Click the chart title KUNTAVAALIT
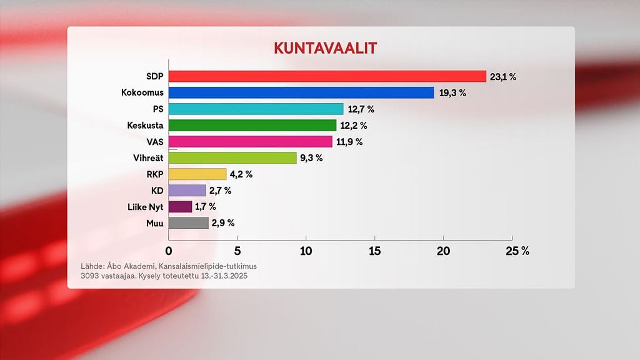pyautogui.click(x=324, y=48)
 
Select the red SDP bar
pyautogui.click(x=327, y=76)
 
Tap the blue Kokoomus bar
pyautogui.click(x=301, y=92)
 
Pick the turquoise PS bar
pyautogui.click(x=256, y=109)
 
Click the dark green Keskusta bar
pyautogui.click(x=252, y=125)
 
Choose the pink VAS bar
pyautogui.click(x=251, y=141)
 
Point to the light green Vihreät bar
pyautogui.click(x=232, y=157)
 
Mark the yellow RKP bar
pyautogui.click(x=197, y=174)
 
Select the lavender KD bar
pyautogui.click(x=187, y=190)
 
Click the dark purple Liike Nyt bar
pyautogui.click(x=181, y=206)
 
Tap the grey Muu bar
pyautogui.click(x=189, y=222)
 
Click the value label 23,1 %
pyautogui.click(x=504, y=77)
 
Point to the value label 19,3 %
pyautogui.click(x=452, y=93)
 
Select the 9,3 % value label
pyautogui.click(x=311, y=158)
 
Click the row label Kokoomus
pyautogui.click(x=142, y=92)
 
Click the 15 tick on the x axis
pyautogui.click(x=374, y=251)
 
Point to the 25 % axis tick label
pyautogui.click(x=516, y=251)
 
